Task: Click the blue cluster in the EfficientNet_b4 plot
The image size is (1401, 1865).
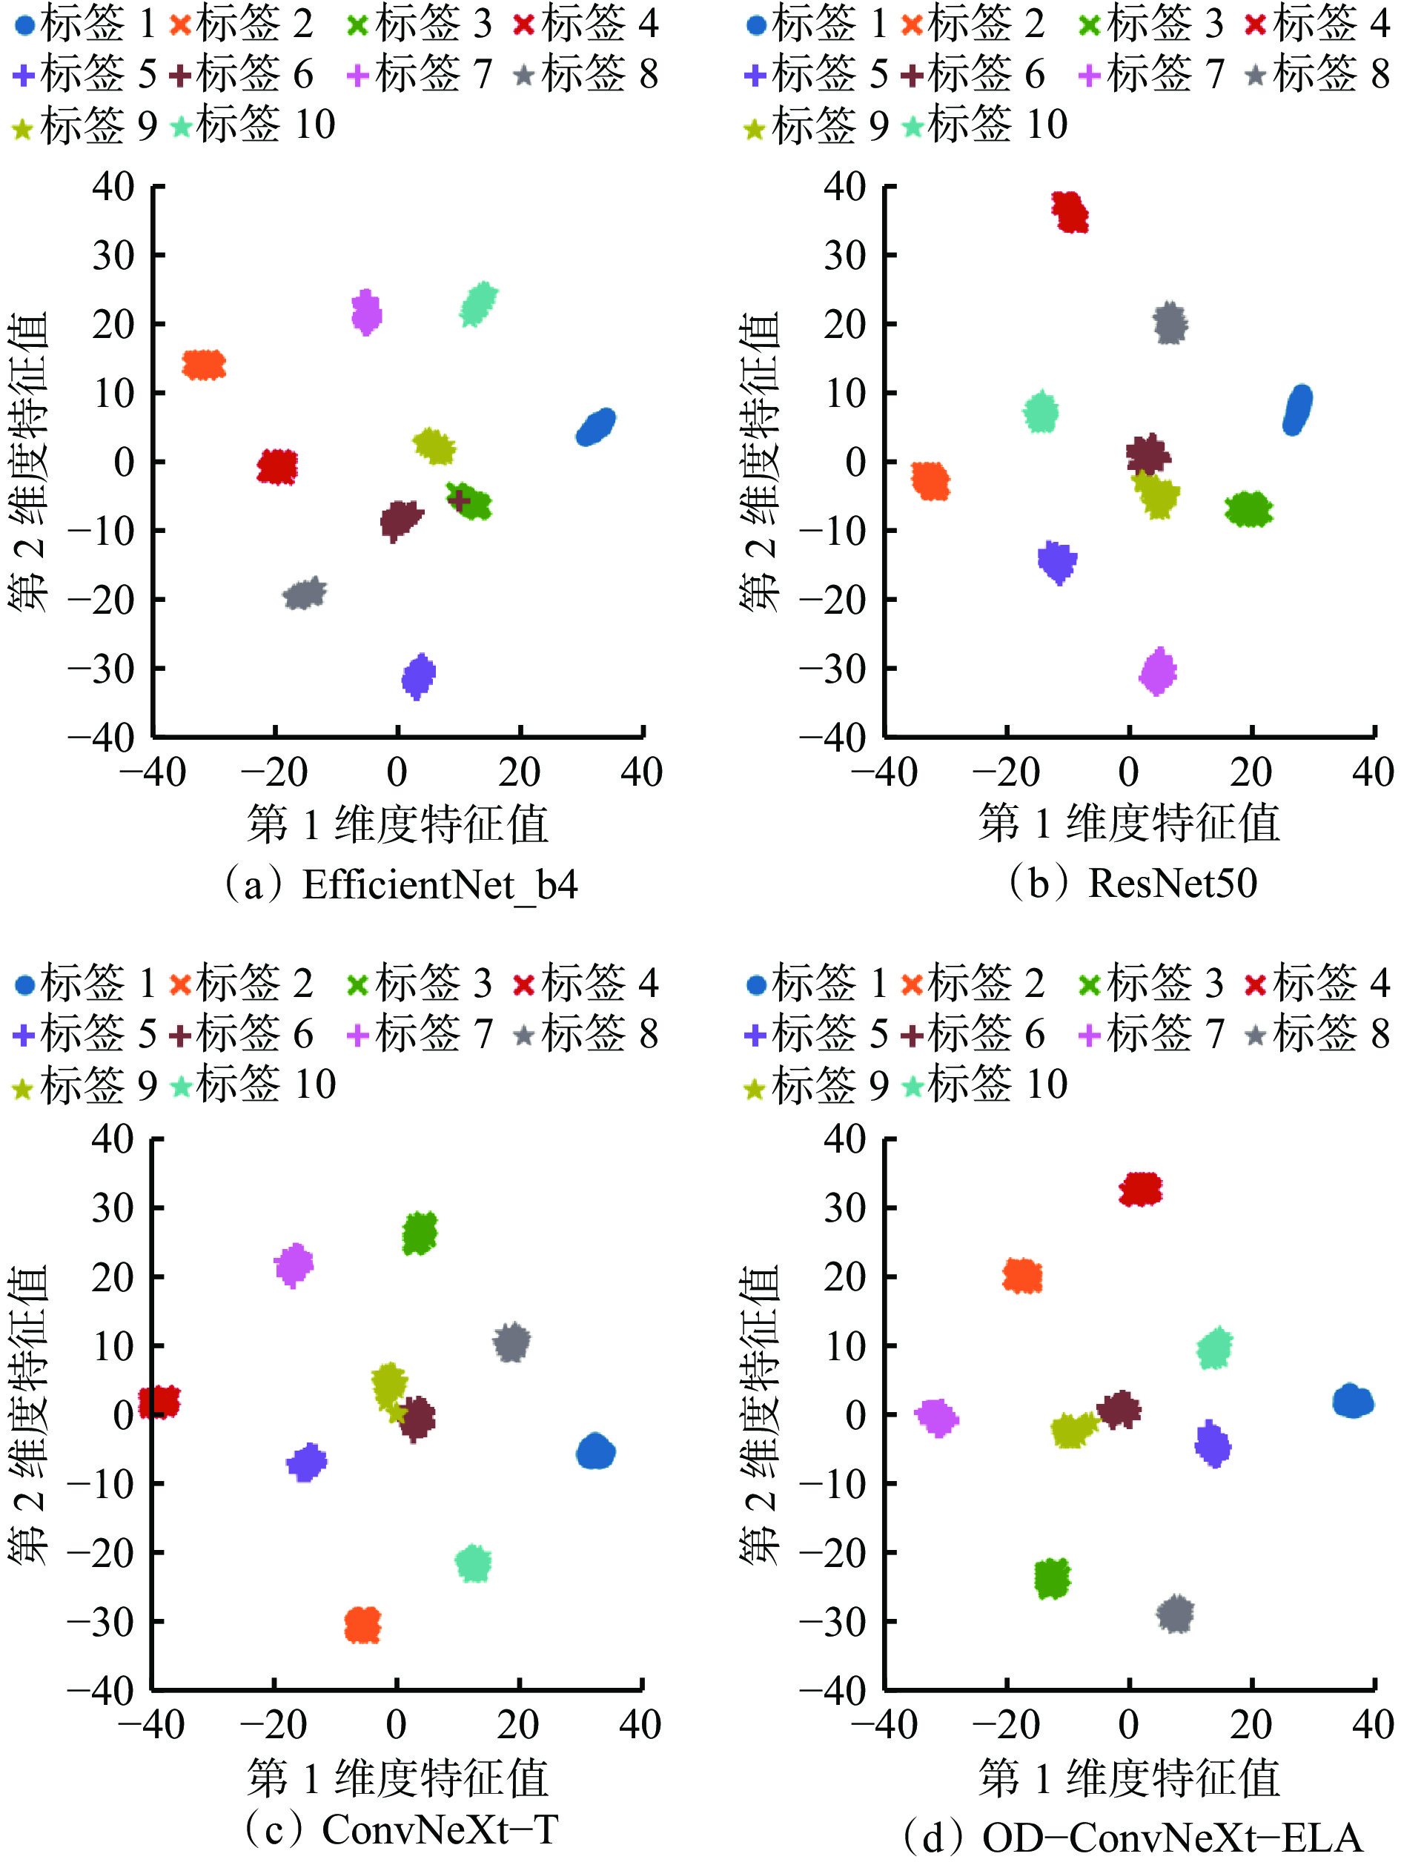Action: click(595, 427)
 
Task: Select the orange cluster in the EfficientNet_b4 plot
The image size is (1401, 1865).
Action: click(204, 365)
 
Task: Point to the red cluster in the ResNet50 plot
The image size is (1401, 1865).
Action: click(1070, 211)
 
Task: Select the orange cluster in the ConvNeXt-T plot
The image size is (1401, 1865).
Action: click(362, 1624)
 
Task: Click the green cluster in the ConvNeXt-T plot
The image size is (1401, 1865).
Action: click(420, 1233)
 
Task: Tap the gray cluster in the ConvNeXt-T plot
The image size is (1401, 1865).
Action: click(511, 1342)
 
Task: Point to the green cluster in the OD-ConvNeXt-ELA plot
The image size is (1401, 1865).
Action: click(1052, 1577)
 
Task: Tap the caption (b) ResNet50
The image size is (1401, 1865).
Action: click(1133, 884)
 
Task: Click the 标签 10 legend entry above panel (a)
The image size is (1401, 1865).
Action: click(253, 125)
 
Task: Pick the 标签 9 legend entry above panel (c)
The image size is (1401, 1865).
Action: click(85, 1086)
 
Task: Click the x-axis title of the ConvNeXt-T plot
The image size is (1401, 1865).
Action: click(398, 1779)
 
